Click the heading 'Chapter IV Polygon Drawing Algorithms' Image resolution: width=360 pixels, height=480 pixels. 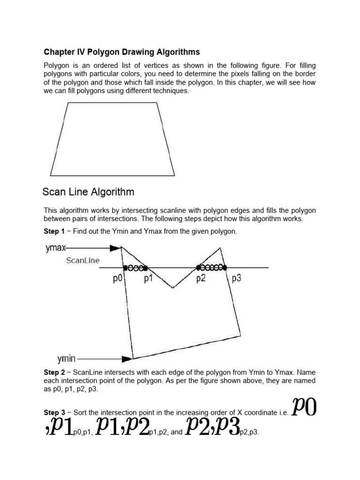tap(122, 52)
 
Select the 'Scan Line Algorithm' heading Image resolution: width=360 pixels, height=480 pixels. tap(88, 192)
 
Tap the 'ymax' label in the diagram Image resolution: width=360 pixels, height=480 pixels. tap(56, 248)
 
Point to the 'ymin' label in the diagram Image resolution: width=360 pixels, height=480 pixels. tap(67, 359)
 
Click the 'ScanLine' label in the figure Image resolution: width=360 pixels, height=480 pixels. tap(82, 261)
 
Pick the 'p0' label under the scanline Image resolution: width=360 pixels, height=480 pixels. tap(117, 278)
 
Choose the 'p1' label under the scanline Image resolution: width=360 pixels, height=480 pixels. tap(149, 278)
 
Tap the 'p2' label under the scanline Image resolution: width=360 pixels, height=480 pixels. tap(201, 278)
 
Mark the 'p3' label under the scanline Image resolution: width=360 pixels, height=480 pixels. tap(236, 278)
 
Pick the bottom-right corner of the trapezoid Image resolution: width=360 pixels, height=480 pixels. tap(174, 176)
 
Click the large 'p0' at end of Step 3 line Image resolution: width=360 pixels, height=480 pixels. tap(304, 406)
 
